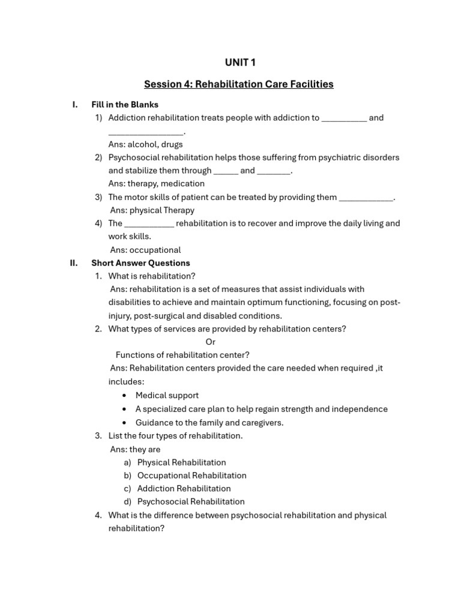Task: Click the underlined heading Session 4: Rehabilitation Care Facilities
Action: coord(238,84)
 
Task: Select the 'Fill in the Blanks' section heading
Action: coord(124,105)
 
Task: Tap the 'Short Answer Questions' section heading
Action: coord(140,263)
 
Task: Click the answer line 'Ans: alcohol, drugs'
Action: coord(145,144)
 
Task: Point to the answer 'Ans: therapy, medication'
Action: coord(156,184)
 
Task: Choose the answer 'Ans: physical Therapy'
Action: coord(152,210)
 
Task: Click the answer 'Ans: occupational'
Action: coord(145,250)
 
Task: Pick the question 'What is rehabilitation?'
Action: coord(151,276)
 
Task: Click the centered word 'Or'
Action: coord(210,342)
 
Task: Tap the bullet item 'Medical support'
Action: coord(167,395)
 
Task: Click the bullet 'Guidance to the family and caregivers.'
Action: coord(209,422)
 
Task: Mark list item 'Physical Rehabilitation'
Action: coord(181,462)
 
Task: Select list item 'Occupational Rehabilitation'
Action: coord(191,476)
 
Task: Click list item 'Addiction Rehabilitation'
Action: coord(184,489)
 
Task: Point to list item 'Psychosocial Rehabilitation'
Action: coord(191,502)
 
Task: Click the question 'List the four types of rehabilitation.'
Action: coord(175,436)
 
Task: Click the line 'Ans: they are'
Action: coord(135,449)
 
